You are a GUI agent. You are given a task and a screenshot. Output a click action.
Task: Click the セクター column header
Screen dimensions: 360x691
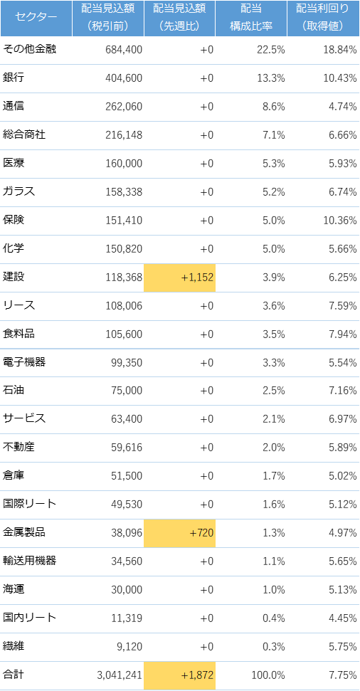point(36,18)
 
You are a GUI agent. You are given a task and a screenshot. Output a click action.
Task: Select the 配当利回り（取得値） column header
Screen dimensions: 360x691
point(323,18)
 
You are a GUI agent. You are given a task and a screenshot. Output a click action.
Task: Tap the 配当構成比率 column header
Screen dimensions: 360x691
point(251,18)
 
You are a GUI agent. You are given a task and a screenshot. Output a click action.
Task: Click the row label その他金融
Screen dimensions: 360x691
point(29,49)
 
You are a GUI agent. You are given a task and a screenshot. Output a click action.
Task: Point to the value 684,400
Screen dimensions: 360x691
point(124,50)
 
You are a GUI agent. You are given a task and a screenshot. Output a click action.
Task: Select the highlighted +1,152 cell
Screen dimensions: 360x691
point(180,278)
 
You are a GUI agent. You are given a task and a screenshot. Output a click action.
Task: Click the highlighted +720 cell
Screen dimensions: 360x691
point(180,533)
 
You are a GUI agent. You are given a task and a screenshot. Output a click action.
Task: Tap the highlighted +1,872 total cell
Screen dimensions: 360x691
point(180,675)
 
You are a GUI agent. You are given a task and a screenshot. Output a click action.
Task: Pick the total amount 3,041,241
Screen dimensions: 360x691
point(120,675)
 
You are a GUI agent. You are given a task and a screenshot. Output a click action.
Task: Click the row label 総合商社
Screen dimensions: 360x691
point(24,134)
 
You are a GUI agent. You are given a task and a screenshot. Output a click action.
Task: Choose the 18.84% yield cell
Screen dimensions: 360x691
point(340,50)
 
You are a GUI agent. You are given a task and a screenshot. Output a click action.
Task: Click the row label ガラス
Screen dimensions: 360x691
point(18,191)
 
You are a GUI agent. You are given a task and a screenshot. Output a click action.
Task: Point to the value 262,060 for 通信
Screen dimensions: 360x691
point(124,107)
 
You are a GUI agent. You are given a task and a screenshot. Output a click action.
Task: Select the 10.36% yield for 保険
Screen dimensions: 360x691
point(340,221)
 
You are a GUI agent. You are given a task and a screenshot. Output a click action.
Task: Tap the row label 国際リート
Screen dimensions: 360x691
point(29,504)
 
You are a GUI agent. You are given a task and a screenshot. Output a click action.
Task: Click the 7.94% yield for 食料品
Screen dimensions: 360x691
point(342,334)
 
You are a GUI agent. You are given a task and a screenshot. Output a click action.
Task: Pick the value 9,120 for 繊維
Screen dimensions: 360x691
point(131,647)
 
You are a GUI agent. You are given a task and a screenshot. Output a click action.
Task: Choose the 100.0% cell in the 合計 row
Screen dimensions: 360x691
point(268,675)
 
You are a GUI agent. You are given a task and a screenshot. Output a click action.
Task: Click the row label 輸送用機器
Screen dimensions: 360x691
point(29,561)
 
